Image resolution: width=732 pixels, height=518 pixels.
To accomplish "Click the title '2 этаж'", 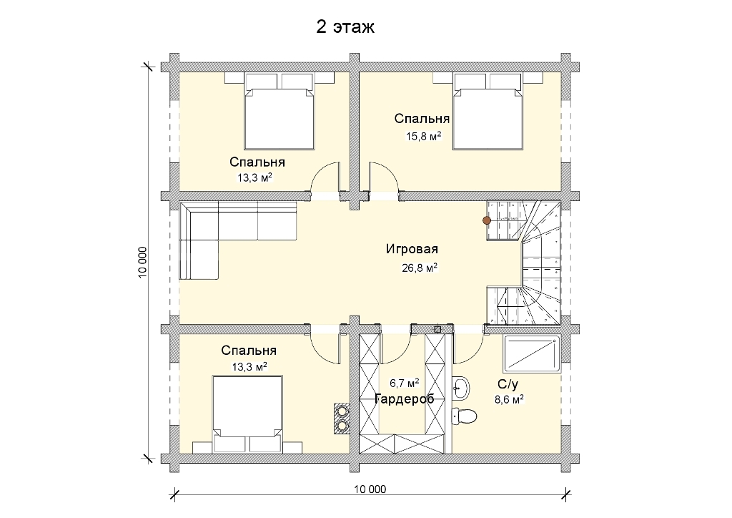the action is click(x=345, y=27).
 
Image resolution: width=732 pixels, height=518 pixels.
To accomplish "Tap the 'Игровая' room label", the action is click(x=412, y=249).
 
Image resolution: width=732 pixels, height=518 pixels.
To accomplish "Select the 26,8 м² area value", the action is click(x=419, y=268).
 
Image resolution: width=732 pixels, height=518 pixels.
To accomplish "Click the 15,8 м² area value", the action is click(x=423, y=137).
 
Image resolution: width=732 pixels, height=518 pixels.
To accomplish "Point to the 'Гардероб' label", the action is click(x=405, y=399).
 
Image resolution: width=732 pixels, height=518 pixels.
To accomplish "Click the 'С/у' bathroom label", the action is click(x=508, y=384).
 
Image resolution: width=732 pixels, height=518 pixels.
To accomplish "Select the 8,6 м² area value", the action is click(x=509, y=399).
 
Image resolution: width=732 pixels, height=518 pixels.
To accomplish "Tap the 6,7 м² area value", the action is click(x=405, y=383).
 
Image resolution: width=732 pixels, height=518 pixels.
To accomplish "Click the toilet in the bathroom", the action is click(x=465, y=415).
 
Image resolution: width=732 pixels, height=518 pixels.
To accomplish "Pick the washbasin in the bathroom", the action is click(x=460, y=388).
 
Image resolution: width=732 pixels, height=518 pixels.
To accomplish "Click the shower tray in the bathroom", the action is click(x=532, y=354).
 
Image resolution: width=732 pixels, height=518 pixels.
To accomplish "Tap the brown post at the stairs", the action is click(x=486, y=220).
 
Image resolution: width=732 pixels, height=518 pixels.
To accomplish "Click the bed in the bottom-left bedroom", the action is click(x=247, y=414).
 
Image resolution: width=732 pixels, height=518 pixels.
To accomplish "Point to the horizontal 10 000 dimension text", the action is click(x=370, y=489).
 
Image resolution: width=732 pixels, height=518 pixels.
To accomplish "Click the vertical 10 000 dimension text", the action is click(x=143, y=262).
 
